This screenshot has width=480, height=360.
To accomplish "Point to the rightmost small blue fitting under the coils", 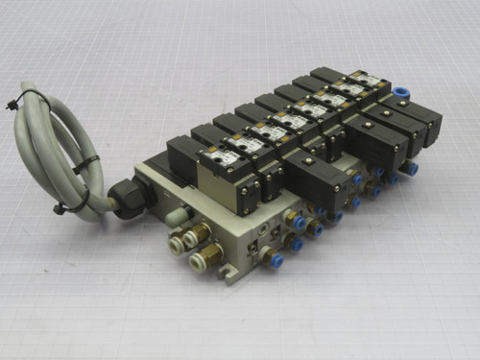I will tap(412, 168).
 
